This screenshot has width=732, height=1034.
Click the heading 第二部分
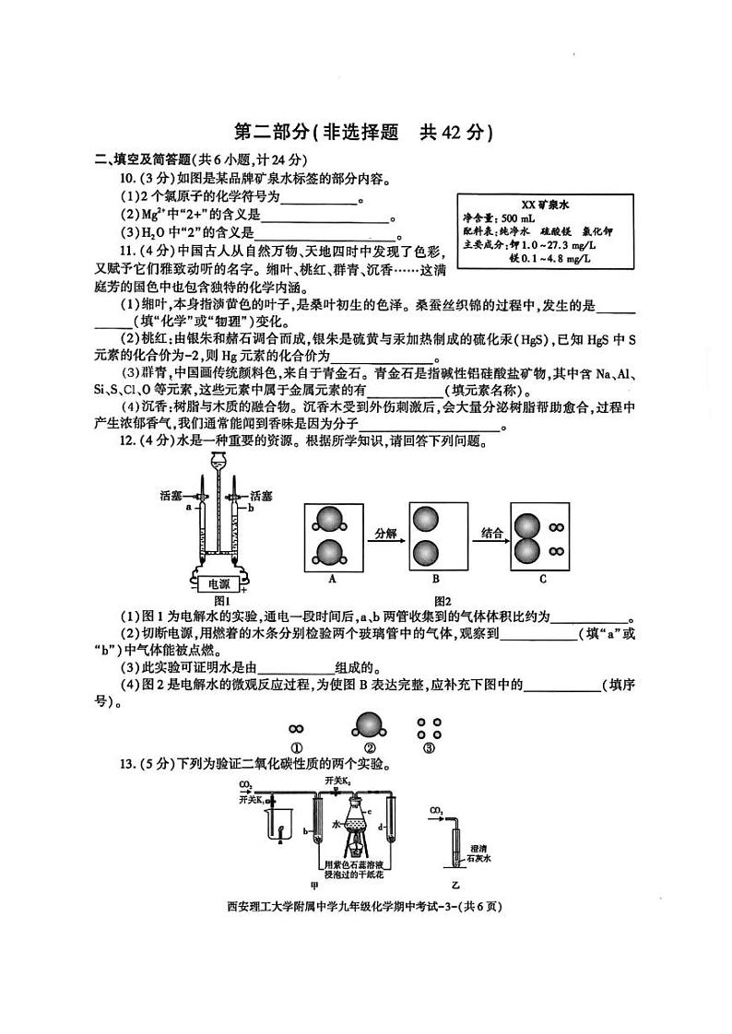(263, 132)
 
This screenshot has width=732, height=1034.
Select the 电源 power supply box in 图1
(218, 584)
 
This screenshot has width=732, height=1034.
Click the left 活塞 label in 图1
(171, 496)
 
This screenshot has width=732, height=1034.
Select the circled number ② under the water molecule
(370, 748)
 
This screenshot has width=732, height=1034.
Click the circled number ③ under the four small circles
(427, 748)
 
